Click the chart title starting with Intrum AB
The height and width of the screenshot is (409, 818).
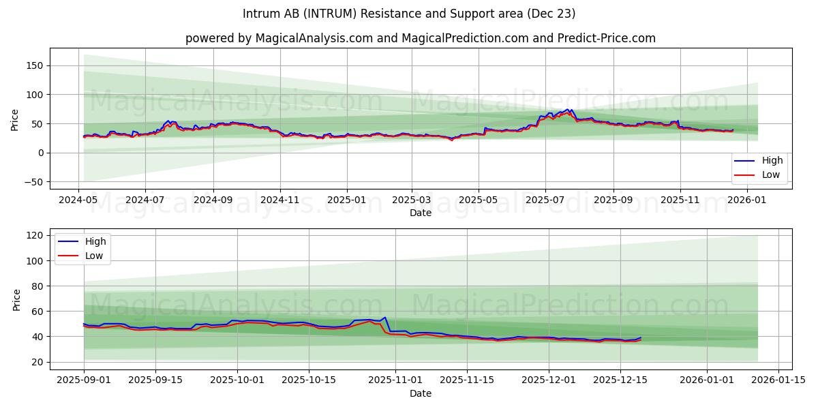coord(409,14)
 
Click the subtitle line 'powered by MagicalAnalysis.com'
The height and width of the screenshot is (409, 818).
coord(420,38)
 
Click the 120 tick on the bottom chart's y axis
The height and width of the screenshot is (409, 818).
coord(35,235)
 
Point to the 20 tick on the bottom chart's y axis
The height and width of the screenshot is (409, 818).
coord(38,362)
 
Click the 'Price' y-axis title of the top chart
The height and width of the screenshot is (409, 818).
coord(15,119)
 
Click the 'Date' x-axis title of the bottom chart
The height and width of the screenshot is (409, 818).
coord(421,393)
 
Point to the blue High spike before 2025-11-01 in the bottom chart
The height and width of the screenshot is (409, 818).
coord(385,318)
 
